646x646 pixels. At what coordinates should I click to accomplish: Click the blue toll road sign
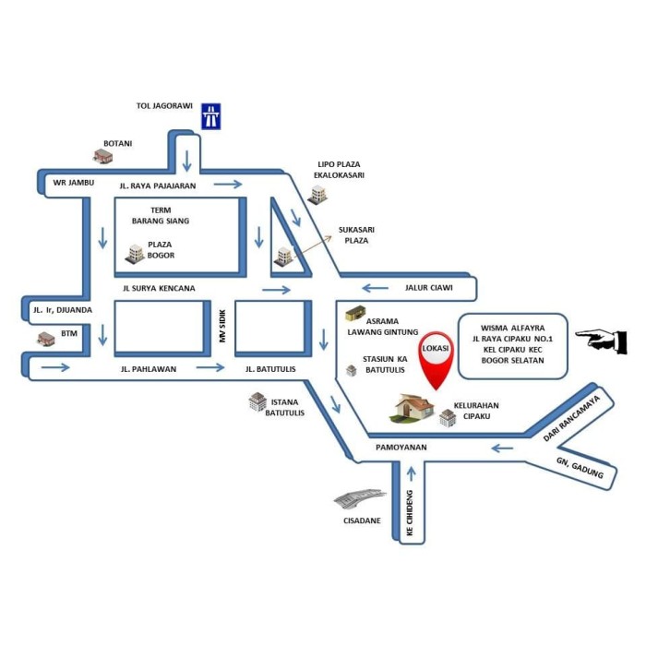coord(211,115)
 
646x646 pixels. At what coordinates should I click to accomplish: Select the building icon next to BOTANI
coord(102,156)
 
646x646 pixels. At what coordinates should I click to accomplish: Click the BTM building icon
coord(45,339)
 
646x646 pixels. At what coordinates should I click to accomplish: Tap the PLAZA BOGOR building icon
coord(135,253)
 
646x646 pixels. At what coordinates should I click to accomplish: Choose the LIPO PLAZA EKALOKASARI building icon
coord(318,193)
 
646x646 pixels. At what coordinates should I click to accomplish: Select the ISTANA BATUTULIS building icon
coord(257,401)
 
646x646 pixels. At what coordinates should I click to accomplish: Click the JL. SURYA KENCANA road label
coord(159,288)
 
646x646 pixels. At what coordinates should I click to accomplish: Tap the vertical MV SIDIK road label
coord(221,329)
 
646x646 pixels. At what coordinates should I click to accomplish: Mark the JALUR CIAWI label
coord(428,288)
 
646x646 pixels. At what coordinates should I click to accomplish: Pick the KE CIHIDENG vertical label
coord(411,520)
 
